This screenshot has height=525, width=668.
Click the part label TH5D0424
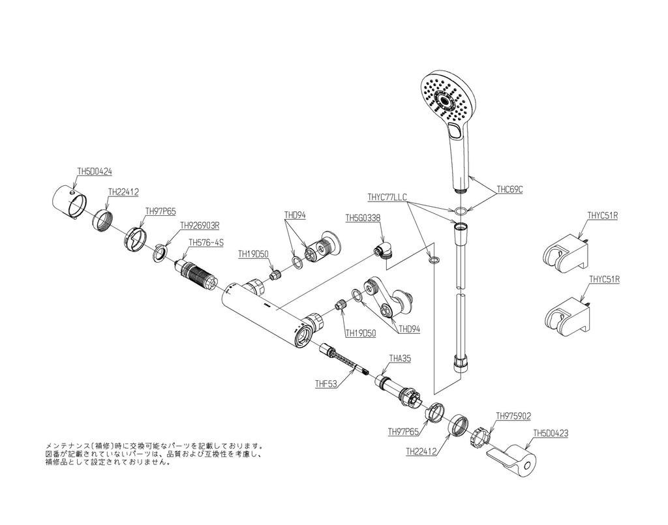[95, 172]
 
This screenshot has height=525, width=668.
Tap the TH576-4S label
[206, 242]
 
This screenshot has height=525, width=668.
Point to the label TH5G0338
[363, 218]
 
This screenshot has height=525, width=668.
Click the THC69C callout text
[510, 189]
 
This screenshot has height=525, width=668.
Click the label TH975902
[513, 415]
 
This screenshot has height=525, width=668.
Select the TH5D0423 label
[551, 432]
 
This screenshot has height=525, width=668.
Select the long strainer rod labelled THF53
[346, 361]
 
